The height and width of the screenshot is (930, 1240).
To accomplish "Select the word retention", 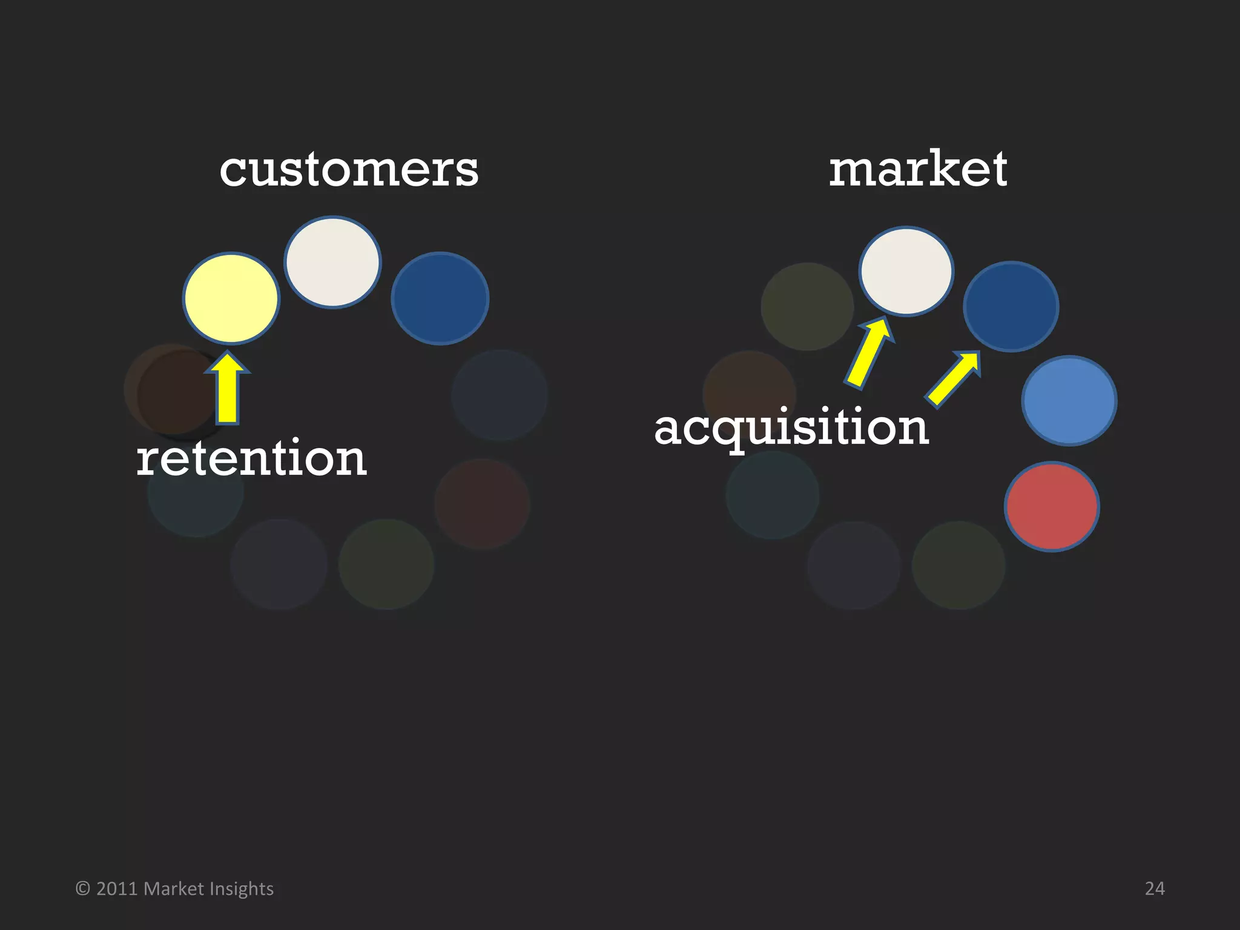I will coord(251,458).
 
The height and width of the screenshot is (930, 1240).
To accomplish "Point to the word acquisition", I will coord(791,427).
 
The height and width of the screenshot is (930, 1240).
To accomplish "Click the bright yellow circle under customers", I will coord(231,298).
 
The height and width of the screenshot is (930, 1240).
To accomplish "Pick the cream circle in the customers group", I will coord(332,262).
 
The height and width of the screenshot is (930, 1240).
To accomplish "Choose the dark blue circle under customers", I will coord(440,298).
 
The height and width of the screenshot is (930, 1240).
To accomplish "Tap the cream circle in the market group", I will coord(906,271).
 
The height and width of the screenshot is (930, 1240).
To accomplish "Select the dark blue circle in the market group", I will coord(1011,306).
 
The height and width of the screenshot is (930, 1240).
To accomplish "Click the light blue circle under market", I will coord(1069,400).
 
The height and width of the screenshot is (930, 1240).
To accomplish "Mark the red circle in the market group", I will coord(1052,506).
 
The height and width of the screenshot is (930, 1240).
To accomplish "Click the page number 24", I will coord(1155,888).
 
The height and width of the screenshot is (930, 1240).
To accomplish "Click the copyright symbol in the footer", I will coord(83,889).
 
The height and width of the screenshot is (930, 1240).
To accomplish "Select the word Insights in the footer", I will coord(242,889).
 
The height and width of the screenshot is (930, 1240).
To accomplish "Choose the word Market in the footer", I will coord(174,889).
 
